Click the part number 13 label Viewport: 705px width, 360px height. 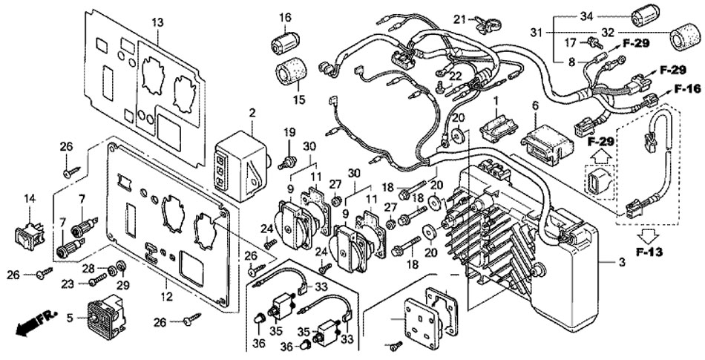point(157,22)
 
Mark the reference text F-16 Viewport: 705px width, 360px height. point(687,89)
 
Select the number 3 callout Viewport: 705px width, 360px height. point(623,262)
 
